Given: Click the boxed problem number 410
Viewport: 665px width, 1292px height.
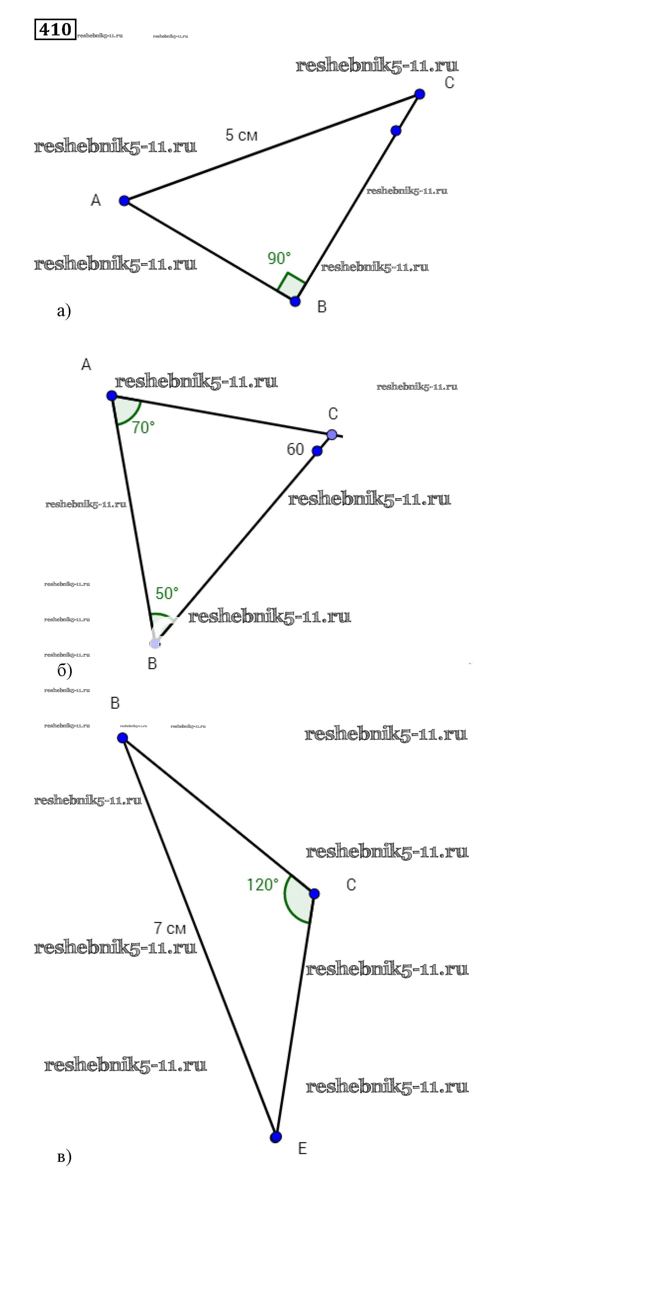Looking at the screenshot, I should (55, 30).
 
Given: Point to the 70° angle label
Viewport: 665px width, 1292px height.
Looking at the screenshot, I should (143, 427).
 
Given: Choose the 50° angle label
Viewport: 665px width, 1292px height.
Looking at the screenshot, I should (167, 593).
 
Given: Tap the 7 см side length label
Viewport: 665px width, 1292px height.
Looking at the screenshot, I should (170, 928).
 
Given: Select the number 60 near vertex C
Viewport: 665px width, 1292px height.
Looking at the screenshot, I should (295, 449).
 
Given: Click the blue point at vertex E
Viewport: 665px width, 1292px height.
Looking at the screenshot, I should (276, 1137).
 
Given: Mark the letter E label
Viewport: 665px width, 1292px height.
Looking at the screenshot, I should (302, 1148).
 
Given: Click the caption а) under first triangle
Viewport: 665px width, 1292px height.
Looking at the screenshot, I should (64, 311).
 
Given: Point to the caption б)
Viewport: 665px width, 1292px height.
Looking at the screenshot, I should (64, 670).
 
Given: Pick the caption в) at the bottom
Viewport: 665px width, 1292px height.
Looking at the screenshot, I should (64, 1156).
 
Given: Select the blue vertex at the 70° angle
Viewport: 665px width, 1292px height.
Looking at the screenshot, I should (112, 396).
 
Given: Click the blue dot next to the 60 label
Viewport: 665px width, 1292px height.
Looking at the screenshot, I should (317, 451).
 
